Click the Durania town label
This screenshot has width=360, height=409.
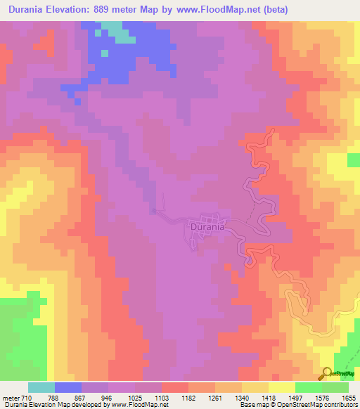[x=207, y=227]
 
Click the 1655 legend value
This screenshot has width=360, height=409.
[x=350, y=398]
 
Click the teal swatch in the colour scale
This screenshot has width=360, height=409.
[x=41, y=387]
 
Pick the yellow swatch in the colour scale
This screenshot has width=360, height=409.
[x=282, y=387]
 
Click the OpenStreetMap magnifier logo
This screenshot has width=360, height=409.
[x=328, y=373]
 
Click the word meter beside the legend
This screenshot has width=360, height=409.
[x=11, y=398]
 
